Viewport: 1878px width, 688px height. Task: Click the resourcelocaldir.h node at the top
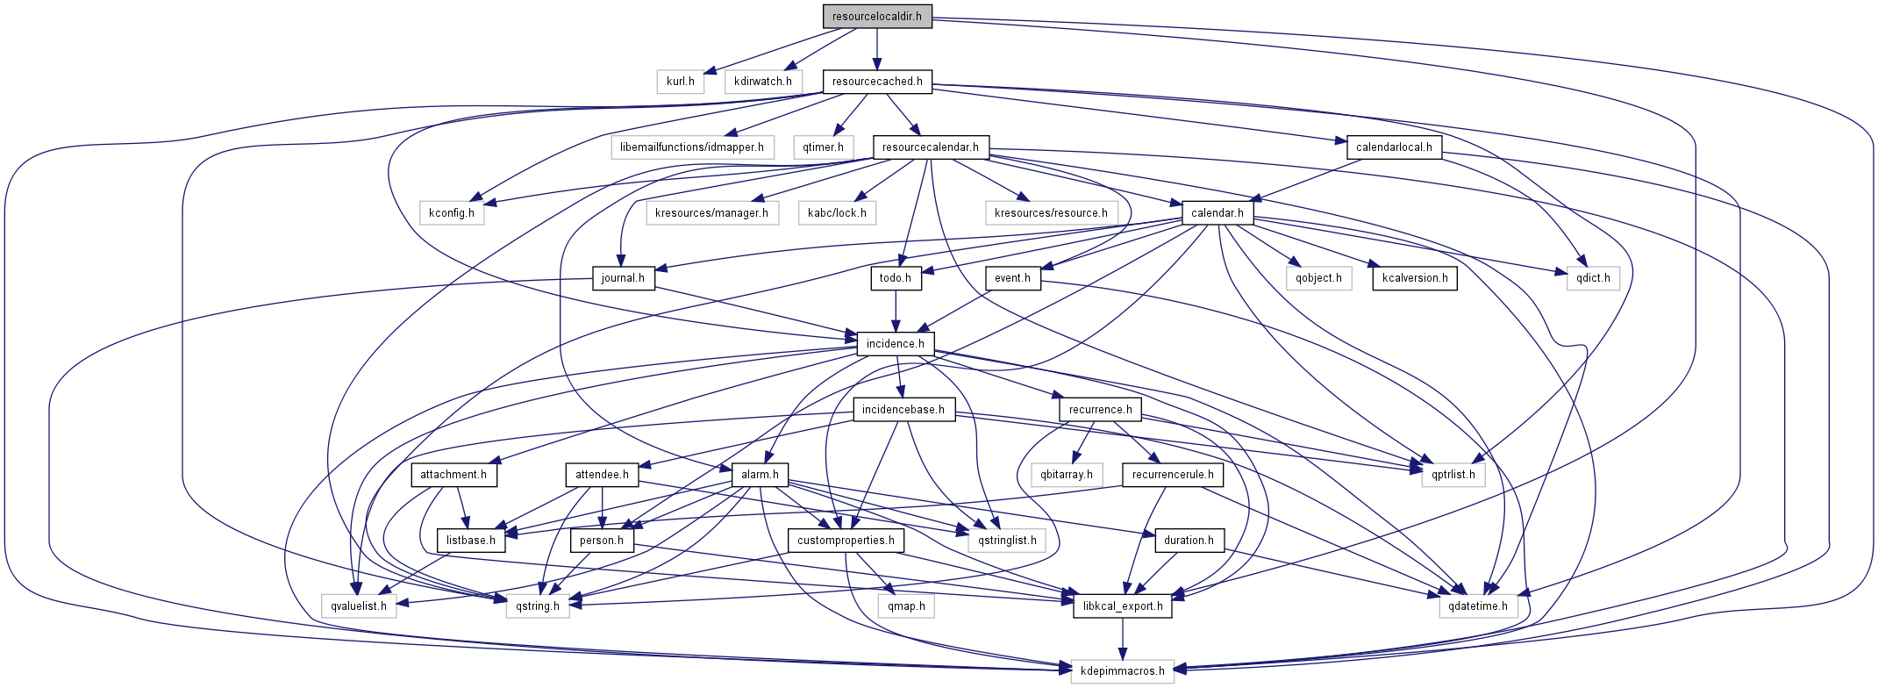[x=876, y=16]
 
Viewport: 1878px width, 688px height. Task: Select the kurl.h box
[x=680, y=82]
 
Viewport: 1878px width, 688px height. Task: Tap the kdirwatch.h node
[x=762, y=82]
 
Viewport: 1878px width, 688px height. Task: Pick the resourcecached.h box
[x=876, y=82]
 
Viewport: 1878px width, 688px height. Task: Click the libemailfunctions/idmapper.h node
[x=691, y=147]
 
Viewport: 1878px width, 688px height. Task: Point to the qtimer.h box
[x=823, y=147]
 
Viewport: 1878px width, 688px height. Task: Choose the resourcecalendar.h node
[x=930, y=147]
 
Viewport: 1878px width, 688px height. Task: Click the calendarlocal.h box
[x=1393, y=147]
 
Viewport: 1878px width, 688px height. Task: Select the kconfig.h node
[x=451, y=213]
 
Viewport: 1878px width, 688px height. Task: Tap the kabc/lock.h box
[x=837, y=213]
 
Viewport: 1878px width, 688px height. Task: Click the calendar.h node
[x=1217, y=213]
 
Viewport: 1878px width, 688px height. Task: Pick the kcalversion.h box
[x=1414, y=278]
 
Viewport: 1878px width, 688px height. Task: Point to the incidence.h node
[x=895, y=344]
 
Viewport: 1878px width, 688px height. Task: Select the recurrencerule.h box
[x=1172, y=475]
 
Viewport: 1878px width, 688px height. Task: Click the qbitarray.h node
[x=1066, y=475]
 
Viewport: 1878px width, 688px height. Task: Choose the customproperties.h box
[x=846, y=541]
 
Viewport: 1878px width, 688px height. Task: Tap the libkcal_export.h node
[x=1122, y=606]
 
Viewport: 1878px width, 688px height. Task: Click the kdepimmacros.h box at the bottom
[x=1122, y=671]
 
